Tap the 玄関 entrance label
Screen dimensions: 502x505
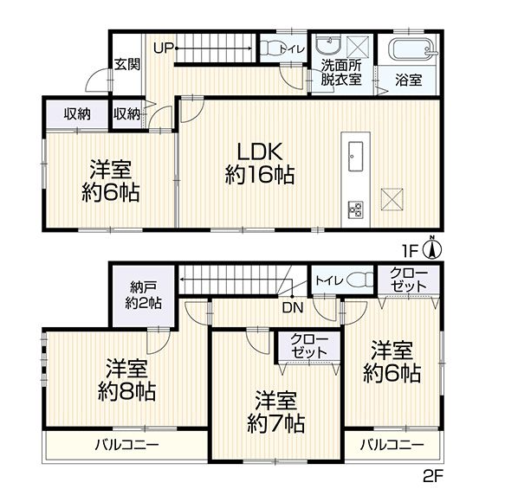[x=127, y=65]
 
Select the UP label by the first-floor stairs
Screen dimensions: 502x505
[x=164, y=48]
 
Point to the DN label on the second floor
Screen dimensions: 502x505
[x=291, y=306]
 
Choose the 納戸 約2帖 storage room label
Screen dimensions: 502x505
[x=143, y=295]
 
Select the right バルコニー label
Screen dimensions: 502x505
[x=392, y=446]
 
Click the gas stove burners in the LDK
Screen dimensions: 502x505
[x=355, y=208]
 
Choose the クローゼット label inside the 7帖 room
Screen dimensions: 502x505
[x=309, y=344]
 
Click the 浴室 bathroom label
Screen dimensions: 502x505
[x=409, y=80]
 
